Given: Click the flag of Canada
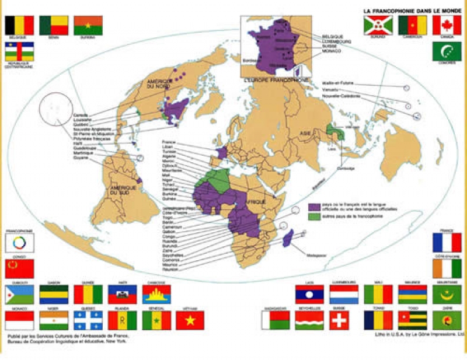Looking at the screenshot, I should point(447,25).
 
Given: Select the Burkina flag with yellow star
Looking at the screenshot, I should point(88,25).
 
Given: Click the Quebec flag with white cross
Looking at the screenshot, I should point(88,320).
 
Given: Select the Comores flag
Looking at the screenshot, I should point(447,51).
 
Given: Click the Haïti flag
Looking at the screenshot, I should point(123,295).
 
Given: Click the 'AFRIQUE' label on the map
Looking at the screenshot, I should point(255,201).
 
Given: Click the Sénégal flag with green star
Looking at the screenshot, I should point(156,320).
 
